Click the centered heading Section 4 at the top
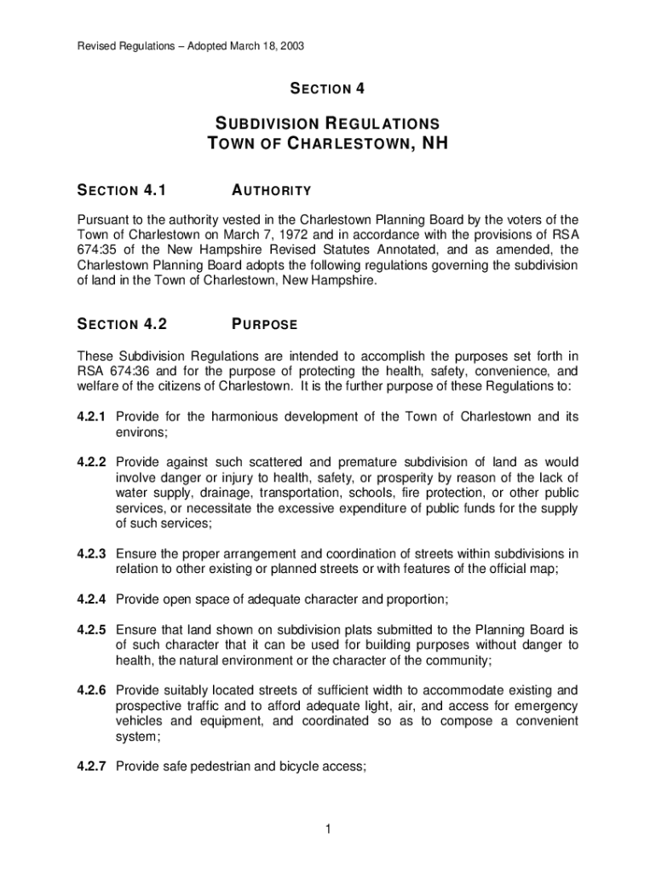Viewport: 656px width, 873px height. (328, 89)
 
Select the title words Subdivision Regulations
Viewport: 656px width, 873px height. (328, 123)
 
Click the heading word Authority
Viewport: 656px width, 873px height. (271, 190)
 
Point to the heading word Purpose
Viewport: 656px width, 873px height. (264, 324)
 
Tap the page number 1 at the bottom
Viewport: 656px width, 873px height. (328, 831)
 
